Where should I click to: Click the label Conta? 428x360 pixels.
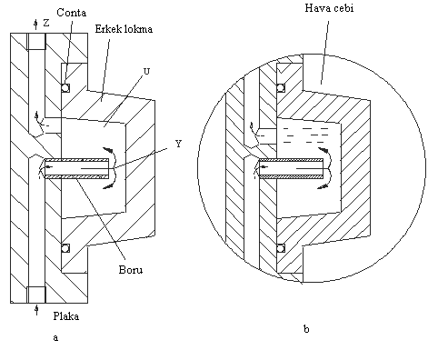click(72, 13)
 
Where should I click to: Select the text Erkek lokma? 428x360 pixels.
click(124, 29)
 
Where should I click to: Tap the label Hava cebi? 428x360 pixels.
click(329, 8)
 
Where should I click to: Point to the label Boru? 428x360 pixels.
click(131, 269)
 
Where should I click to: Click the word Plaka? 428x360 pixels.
click(66, 316)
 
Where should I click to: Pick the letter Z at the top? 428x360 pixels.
click(46, 23)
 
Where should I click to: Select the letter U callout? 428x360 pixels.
click(146, 72)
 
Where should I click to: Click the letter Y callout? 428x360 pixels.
click(179, 144)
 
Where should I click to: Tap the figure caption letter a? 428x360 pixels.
click(55, 337)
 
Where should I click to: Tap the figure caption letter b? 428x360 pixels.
click(306, 329)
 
